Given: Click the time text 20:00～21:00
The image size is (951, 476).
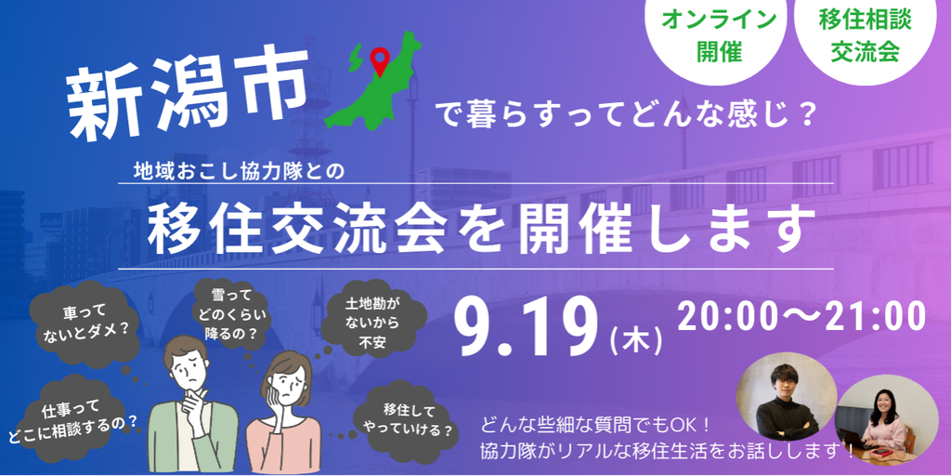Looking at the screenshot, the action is (801, 316).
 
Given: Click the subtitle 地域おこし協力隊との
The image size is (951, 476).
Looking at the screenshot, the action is (239, 171).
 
